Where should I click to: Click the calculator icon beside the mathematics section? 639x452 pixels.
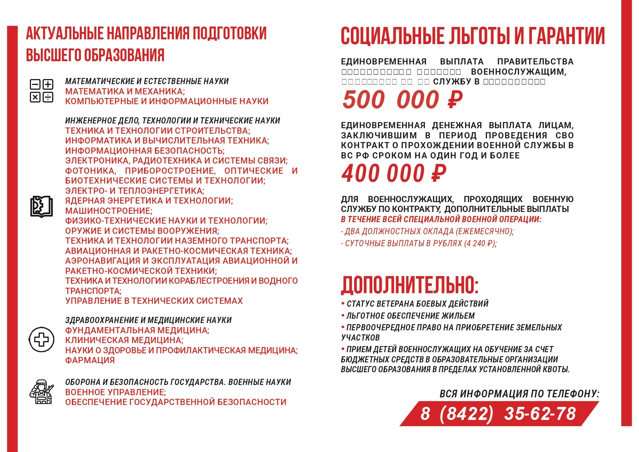click(x=41, y=91)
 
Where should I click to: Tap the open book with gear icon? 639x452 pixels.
click(x=41, y=207)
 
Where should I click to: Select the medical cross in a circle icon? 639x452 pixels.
click(x=42, y=340)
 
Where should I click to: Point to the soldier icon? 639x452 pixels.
click(x=42, y=392)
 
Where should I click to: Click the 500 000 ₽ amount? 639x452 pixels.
click(x=402, y=100)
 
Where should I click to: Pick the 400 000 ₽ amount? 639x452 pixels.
click(x=394, y=173)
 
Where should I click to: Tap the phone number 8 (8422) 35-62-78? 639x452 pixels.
click(x=498, y=414)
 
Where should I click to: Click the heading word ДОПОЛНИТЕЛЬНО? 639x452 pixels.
click(x=409, y=285)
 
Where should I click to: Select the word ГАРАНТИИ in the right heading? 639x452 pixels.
click(x=567, y=36)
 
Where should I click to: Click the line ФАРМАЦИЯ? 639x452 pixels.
click(x=90, y=360)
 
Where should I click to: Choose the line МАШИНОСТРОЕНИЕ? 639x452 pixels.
click(x=109, y=211)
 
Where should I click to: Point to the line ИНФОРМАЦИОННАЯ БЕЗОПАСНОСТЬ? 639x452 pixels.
click(x=145, y=151)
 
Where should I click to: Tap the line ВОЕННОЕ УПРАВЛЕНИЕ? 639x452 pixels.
click(x=115, y=392)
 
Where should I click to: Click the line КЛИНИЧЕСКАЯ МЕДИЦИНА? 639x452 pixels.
click(x=124, y=340)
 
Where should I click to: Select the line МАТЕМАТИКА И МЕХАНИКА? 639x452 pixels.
click(x=125, y=91)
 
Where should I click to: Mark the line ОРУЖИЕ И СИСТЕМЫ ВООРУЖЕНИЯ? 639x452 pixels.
click(x=142, y=231)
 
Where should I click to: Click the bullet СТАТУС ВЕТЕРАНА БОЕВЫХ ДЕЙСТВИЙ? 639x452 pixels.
click(x=417, y=304)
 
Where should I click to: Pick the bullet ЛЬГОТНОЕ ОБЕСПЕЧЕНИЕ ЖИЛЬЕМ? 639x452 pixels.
click(x=410, y=316)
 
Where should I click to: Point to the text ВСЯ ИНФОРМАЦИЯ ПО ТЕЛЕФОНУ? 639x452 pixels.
click(x=519, y=394)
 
